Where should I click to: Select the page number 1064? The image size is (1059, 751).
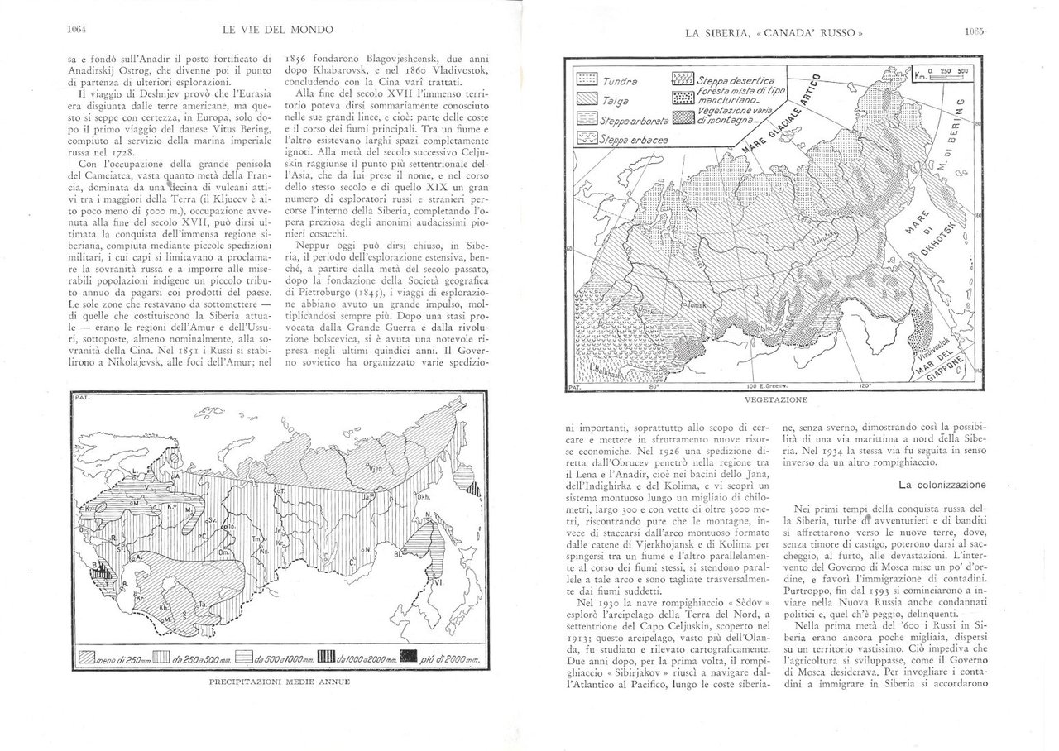(77, 30)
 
